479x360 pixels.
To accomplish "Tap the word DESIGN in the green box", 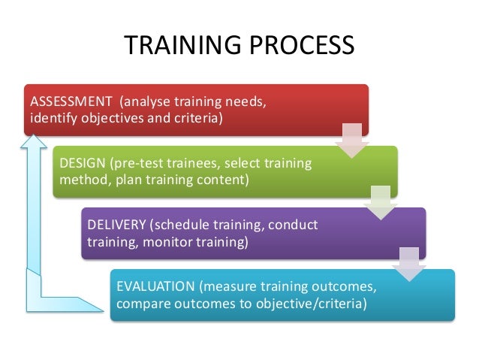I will [83, 163].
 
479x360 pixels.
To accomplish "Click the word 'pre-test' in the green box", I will [136, 163].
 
